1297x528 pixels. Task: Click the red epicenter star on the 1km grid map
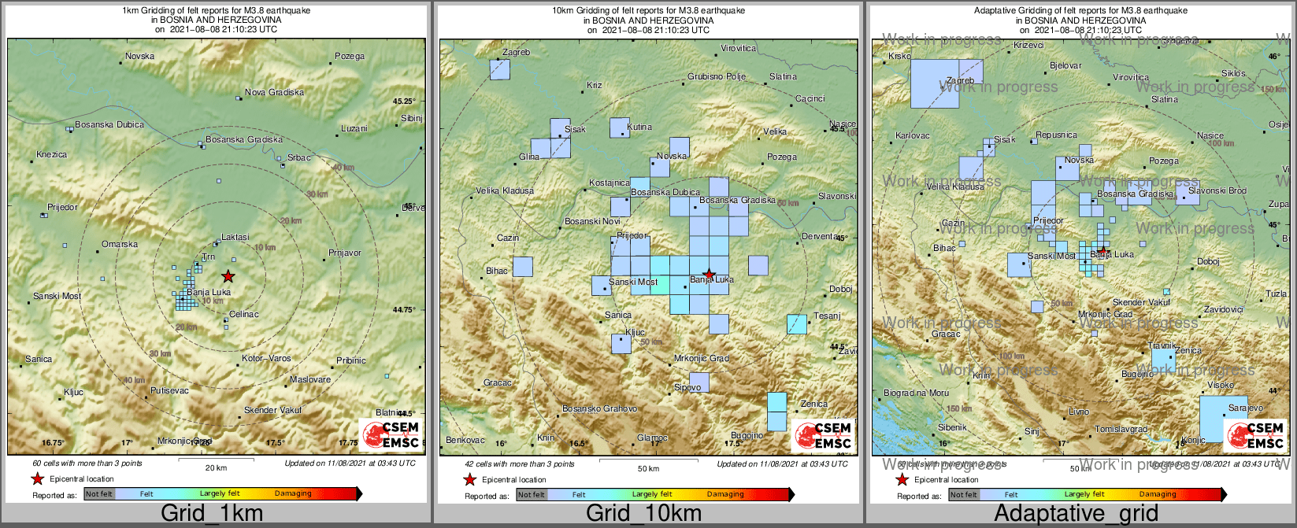228,276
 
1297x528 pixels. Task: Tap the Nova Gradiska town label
274,93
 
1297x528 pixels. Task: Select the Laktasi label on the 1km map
235,237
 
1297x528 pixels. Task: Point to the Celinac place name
244,315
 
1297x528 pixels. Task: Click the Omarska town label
120,245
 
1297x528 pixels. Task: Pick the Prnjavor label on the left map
344,253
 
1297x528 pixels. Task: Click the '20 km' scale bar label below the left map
216,468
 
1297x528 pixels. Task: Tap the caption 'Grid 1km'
212,514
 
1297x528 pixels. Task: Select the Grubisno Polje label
717,77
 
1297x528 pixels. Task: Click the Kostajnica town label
610,183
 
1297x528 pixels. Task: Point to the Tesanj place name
827,316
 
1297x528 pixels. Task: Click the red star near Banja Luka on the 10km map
709,274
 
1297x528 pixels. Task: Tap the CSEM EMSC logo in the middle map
824,436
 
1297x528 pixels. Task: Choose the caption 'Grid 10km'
643,514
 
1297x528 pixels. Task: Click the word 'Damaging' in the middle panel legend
725,494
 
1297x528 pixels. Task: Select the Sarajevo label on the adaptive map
1246,408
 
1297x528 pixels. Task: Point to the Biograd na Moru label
916,393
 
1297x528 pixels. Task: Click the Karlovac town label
913,136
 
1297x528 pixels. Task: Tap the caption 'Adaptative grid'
1076,514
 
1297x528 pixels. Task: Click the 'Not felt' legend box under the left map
99,494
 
